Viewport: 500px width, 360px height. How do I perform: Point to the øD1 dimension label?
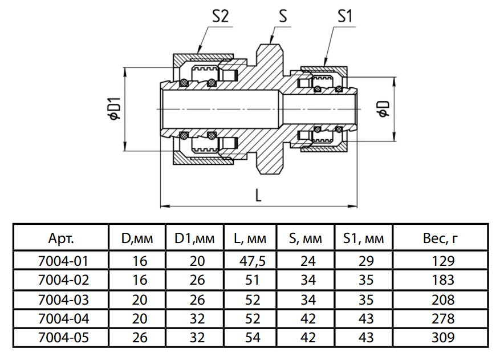[x=114, y=108]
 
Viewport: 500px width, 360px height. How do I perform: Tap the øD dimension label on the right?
[x=383, y=108]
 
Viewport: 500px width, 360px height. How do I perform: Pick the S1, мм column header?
[x=363, y=238]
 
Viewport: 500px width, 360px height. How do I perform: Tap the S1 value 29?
[x=363, y=261]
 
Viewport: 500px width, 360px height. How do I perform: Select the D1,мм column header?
[x=194, y=238]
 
